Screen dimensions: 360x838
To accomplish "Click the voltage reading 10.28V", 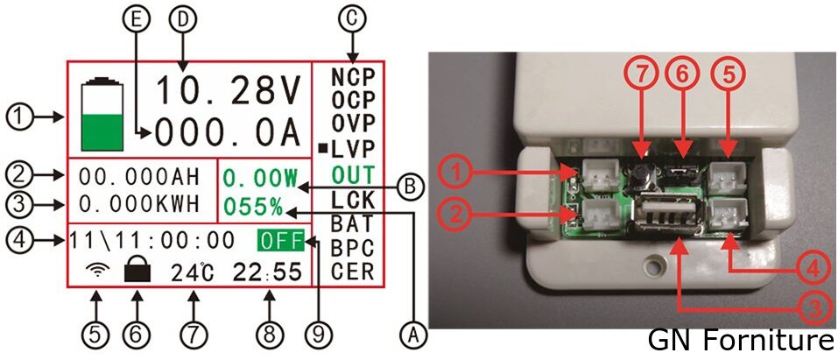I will [x=230, y=90].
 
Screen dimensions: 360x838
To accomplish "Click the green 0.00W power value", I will [x=260, y=178].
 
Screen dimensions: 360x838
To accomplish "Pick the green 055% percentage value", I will [x=253, y=207].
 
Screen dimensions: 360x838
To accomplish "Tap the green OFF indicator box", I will [x=279, y=240].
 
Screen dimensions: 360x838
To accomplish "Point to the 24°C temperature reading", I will [x=192, y=272].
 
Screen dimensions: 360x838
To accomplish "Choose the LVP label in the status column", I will [x=352, y=147].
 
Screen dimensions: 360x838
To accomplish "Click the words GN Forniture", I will [x=742, y=340].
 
